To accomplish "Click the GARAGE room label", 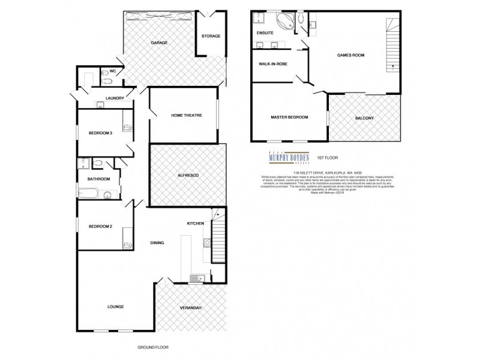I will pyautogui.click(x=159, y=43).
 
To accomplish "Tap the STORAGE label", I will pyautogui.click(x=211, y=36).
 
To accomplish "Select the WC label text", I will pyautogui.click(x=113, y=71).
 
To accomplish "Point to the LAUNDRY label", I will pyautogui.click(x=115, y=98).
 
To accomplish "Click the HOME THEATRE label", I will pyautogui.click(x=186, y=115).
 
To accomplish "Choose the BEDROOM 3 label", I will pyautogui.click(x=100, y=133).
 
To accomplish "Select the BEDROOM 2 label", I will pyautogui.click(x=100, y=226).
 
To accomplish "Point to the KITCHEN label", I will pyautogui.click(x=196, y=223).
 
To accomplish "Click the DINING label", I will pyautogui.click(x=157, y=242).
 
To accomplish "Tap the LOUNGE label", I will pyautogui.click(x=115, y=307).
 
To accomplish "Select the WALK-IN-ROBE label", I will pyautogui.click(x=271, y=63).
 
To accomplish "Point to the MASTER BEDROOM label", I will pyautogui.click(x=289, y=118).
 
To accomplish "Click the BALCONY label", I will pyautogui.click(x=364, y=118).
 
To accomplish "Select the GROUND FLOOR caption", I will pyautogui.click(x=151, y=347).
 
